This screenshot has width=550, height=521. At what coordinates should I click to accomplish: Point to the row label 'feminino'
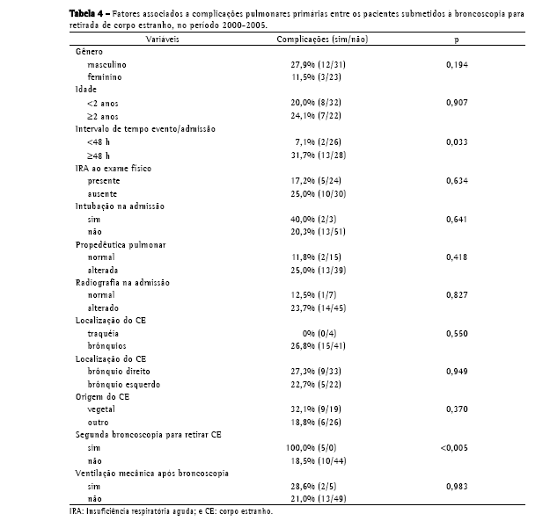click(x=104, y=77)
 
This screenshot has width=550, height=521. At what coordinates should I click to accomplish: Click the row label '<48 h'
click(x=98, y=141)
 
